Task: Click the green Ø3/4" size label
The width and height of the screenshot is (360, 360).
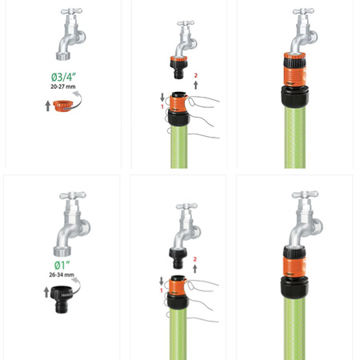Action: pyautogui.click(x=63, y=77)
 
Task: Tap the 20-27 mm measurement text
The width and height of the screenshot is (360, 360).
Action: pyautogui.click(x=63, y=86)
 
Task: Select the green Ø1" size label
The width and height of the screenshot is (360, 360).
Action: pyautogui.click(x=62, y=266)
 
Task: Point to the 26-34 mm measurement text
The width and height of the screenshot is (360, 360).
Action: pyautogui.click(x=62, y=274)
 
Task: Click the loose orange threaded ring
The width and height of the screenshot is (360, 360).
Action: pyautogui.click(x=62, y=106)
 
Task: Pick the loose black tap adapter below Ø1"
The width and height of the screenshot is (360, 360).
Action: pyautogui.click(x=62, y=299)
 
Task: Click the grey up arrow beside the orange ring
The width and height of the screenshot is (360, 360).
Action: pyautogui.click(x=48, y=106)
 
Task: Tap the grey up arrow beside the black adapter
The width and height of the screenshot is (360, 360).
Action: pyautogui.click(x=46, y=292)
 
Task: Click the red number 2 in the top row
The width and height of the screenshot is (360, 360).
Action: pyautogui.click(x=196, y=75)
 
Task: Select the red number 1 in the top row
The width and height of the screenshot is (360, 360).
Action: pyautogui.click(x=162, y=106)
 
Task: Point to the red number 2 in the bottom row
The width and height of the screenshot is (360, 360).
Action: pyautogui.click(x=195, y=259)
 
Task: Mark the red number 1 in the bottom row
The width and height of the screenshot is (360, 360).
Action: pyautogui.click(x=162, y=290)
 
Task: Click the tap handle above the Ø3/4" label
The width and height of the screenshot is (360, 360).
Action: pyautogui.click(x=71, y=11)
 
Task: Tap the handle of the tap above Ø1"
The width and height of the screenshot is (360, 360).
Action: pyautogui.click(x=73, y=195)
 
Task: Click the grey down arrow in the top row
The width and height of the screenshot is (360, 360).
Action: pyautogui.click(x=162, y=97)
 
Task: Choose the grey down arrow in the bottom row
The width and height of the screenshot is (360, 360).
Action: pyautogui.click(x=162, y=281)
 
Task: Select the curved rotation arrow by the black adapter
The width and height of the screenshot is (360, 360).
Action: pyautogui.click(x=74, y=286)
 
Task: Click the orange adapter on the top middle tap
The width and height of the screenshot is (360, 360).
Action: pyautogui.click(x=179, y=67)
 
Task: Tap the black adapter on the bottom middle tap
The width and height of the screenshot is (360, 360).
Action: pyautogui.click(x=178, y=258)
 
